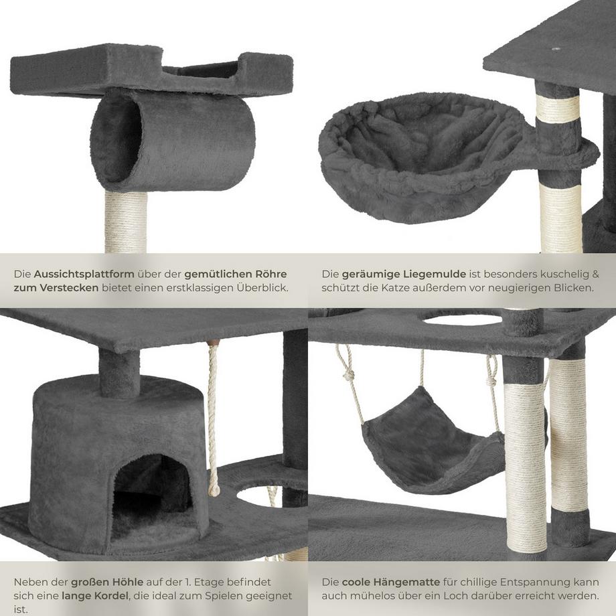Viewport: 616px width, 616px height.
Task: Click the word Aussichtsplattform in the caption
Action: click(x=84, y=275)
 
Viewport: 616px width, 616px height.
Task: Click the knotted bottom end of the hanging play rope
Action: click(x=214, y=488)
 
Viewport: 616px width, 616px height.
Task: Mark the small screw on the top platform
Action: click(x=556, y=50)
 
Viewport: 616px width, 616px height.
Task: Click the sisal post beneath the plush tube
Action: click(x=126, y=222)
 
